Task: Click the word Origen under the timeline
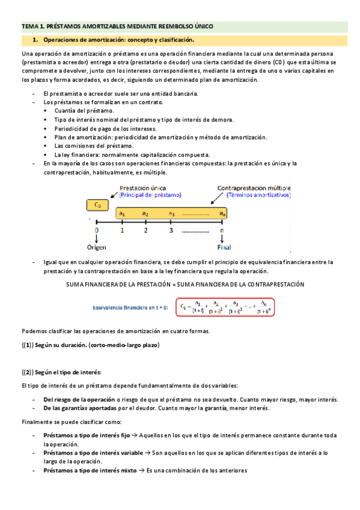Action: click(97, 247)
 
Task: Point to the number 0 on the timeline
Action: click(97, 230)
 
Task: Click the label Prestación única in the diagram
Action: click(144, 187)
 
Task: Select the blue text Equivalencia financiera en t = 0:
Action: click(130, 307)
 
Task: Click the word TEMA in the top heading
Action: click(29, 26)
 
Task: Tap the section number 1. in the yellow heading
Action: click(36, 40)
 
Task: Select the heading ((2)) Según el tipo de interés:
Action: click(62, 373)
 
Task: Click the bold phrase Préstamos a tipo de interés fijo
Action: click(87, 435)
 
